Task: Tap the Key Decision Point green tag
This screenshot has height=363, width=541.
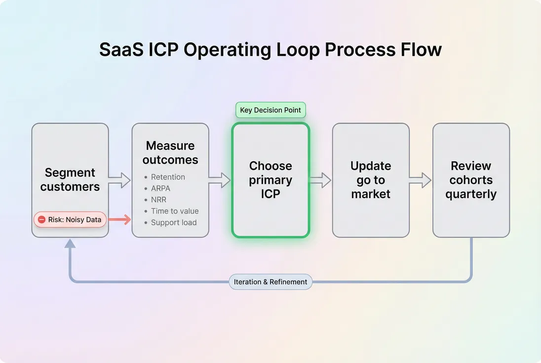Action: tap(270, 110)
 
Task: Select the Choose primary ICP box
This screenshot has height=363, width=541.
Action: tap(270, 180)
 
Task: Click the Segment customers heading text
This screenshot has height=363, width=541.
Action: tap(70, 180)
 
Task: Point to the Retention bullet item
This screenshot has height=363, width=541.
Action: tap(168, 177)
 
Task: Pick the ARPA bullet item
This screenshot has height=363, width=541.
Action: tap(160, 189)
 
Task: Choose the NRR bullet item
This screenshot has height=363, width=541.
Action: tap(159, 200)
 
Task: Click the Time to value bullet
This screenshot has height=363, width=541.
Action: tap(175, 211)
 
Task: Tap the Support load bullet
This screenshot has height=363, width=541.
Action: tap(174, 222)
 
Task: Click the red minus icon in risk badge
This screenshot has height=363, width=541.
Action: tap(42, 219)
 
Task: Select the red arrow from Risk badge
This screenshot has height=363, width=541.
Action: tap(119, 219)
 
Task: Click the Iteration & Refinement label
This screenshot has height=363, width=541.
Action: tap(270, 282)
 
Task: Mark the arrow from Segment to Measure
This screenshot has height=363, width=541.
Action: tap(119, 180)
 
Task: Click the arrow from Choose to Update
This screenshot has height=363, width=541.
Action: tap(320, 180)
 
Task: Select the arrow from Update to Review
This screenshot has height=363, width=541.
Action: tap(421, 180)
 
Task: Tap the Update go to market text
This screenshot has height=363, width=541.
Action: tap(371, 180)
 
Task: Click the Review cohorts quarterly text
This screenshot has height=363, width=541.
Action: tap(471, 180)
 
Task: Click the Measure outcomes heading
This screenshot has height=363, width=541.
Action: tap(170, 153)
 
